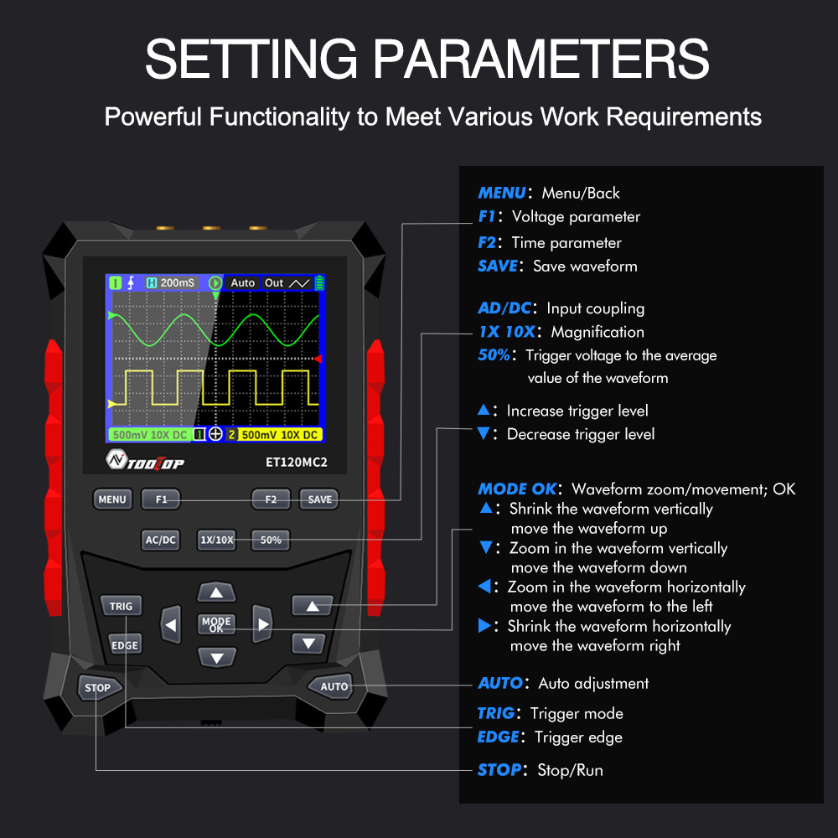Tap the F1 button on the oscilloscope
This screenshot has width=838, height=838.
coord(161,499)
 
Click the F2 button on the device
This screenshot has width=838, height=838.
coord(271,499)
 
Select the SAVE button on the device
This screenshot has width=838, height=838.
coord(319,499)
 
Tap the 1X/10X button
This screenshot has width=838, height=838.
coord(217,540)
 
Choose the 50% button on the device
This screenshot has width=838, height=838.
coord(271,540)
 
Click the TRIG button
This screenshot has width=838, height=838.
coord(121,605)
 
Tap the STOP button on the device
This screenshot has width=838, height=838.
coord(98,687)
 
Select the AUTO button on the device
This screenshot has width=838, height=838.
coord(334,686)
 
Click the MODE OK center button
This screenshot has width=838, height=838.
coord(216,624)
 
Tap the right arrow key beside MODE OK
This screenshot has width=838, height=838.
coord(263,624)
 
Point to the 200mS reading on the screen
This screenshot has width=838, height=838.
coord(177,282)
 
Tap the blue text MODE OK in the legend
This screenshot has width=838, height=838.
coord(516,489)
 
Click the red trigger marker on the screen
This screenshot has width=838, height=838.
coord(318,359)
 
